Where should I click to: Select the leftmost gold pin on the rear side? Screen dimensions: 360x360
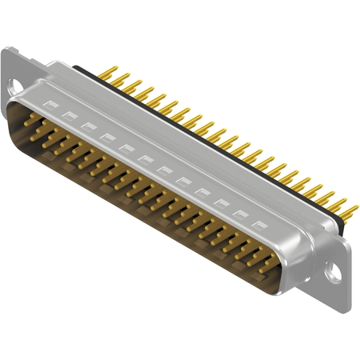111,74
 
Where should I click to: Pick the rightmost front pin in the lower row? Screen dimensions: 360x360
264,267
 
